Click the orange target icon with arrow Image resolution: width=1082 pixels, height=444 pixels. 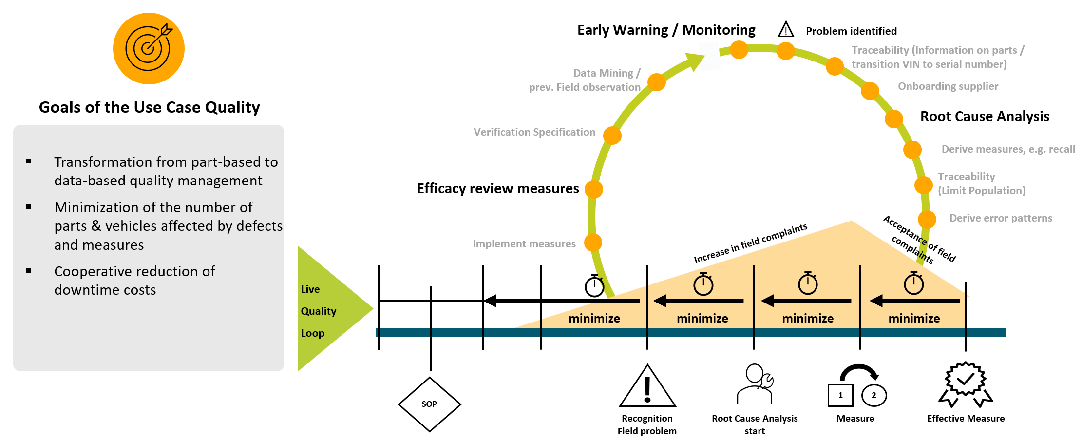click(x=149, y=48)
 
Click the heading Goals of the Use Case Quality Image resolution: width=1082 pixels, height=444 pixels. click(x=149, y=107)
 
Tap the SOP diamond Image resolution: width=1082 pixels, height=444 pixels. click(x=429, y=404)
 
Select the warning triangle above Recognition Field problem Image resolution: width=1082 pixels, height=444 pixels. click(x=647, y=387)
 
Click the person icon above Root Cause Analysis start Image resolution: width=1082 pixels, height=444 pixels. click(x=755, y=384)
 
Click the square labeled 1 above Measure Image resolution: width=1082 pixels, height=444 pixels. click(x=840, y=395)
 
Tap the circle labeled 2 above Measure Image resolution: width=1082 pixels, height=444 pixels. click(x=873, y=395)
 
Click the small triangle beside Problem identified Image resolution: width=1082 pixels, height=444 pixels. click(x=786, y=30)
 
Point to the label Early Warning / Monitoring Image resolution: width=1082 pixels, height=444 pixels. click(x=666, y=30)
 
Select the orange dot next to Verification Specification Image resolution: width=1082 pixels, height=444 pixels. click(x=612, y=135)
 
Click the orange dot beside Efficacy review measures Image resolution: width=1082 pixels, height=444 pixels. click(x=594, y=189)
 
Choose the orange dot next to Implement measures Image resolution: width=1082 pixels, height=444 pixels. click(x=593, y=242)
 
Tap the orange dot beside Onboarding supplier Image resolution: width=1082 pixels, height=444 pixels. click(x=870, y=91)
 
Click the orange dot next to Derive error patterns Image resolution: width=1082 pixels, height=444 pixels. click(x=927, y=220)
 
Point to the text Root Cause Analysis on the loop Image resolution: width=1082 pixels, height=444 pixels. click(x=985, y=117)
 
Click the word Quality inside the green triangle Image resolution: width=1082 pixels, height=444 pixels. click(x=319, y=311)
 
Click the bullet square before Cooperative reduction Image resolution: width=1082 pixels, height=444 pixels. click(x=29, y=271)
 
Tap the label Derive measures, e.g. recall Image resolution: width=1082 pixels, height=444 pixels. click(x=1008, y=149)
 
